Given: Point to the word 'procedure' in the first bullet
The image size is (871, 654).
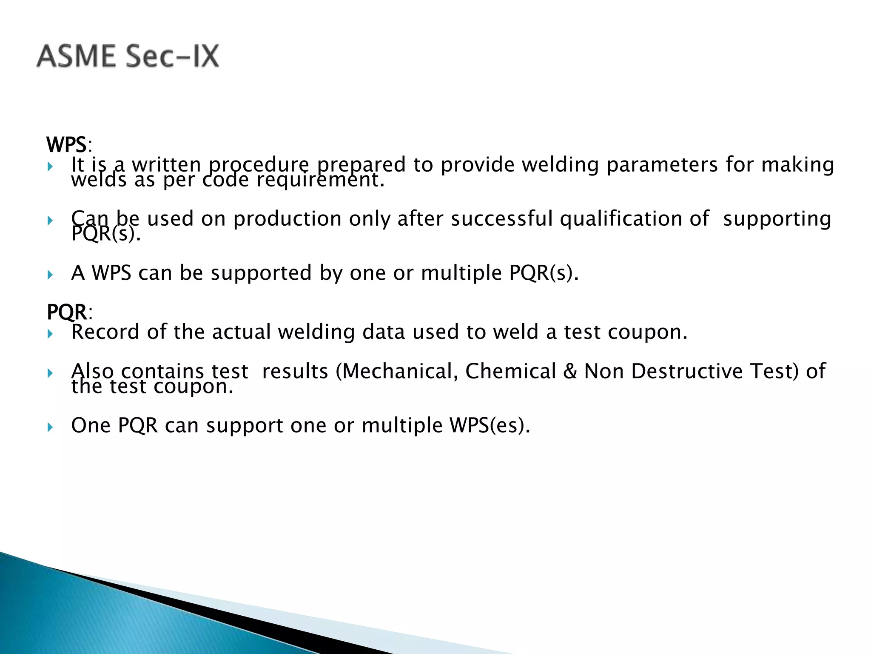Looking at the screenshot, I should point(259,165).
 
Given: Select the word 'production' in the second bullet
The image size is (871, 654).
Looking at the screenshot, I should point(287,219).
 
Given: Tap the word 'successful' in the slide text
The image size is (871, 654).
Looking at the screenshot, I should point(502,219).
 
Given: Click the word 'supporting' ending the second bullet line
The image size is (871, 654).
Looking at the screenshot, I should point(777,219).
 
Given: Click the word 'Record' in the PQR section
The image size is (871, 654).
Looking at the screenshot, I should point(105,332).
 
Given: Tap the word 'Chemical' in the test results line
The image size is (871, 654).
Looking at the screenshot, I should point(510,371).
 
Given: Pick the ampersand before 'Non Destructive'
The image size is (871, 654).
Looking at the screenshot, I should point(570,371).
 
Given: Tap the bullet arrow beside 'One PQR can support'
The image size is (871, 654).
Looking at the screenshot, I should point(50,427).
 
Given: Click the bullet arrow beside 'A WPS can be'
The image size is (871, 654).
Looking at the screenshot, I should point(50,275).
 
